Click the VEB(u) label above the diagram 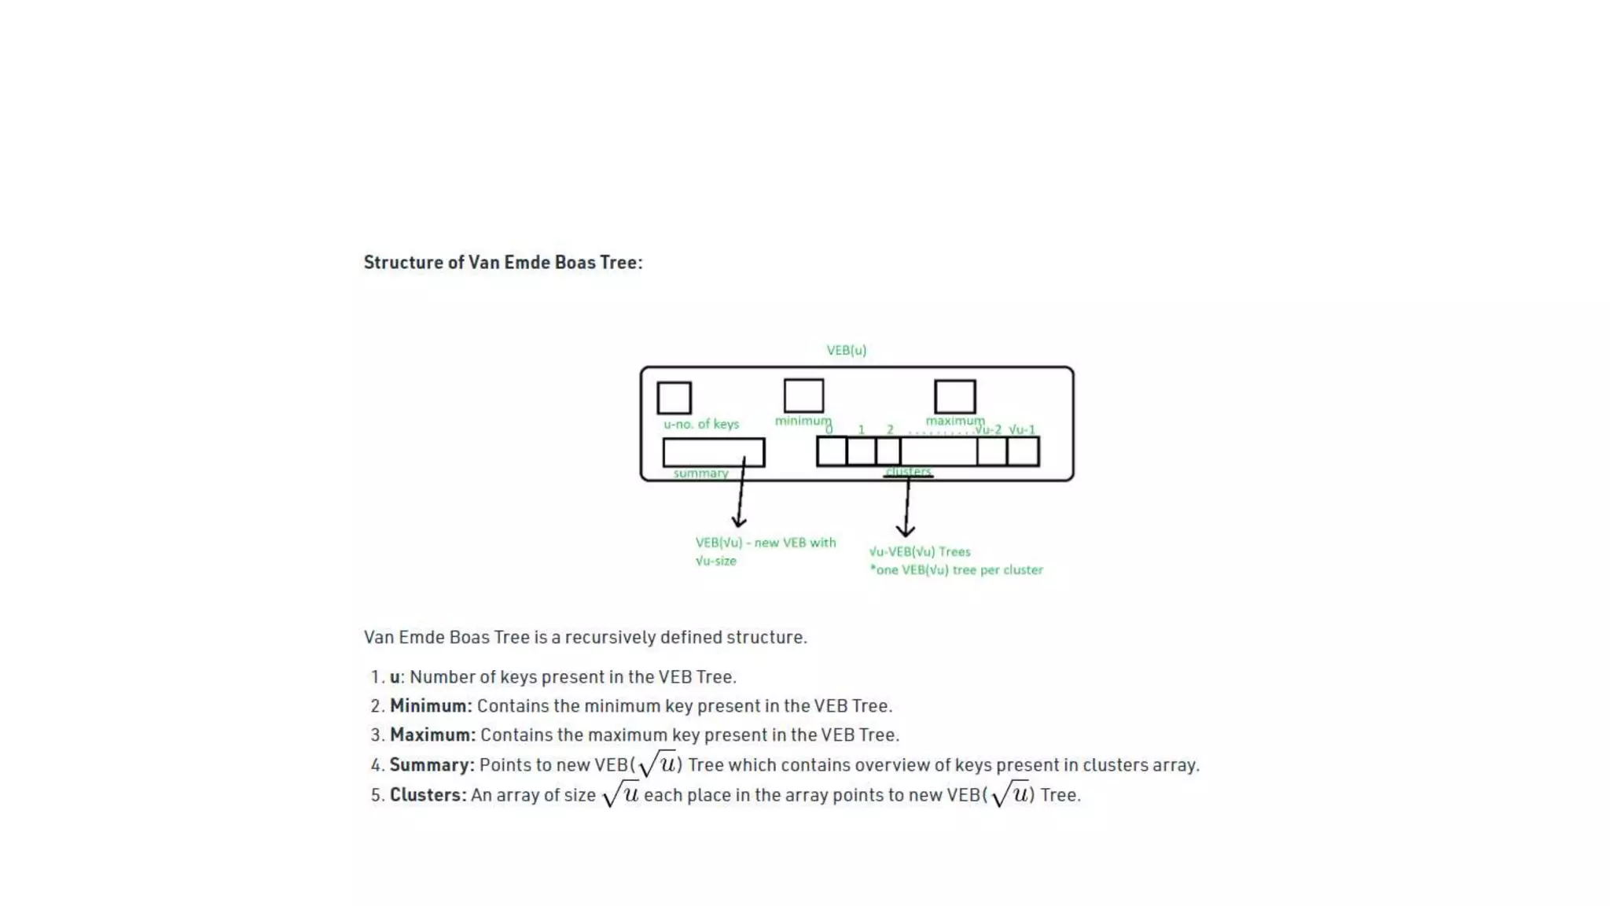[846, 350]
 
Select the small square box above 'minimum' [803, 396]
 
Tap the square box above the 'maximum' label [954, 396]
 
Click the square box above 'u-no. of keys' [674, 398]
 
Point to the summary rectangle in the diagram [713, 452]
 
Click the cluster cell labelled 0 [832, 451]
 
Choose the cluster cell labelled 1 [862, 451]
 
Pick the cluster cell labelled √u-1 [1023, 451]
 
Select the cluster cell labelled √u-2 [992, 451]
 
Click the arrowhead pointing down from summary [739, 521]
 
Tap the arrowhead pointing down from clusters [906, 531]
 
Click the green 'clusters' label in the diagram [908, 471]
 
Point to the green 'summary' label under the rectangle [700, 473]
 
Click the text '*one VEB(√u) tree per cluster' [956, 570]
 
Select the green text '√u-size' [715, 562]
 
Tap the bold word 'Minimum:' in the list [431, 706]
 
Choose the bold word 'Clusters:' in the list [428, 795]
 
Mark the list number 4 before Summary [377, 765]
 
